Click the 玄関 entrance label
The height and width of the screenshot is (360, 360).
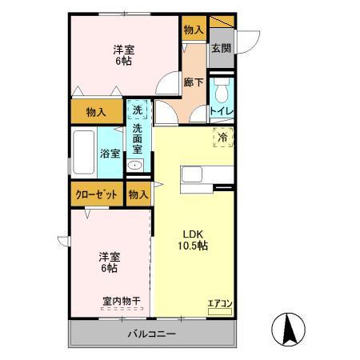(x=221, y=47)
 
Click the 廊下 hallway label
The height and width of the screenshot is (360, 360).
(x=193, y=82)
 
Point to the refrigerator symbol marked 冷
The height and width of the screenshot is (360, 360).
(x=222, y=138)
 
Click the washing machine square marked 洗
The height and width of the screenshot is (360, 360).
(x=138, y=110)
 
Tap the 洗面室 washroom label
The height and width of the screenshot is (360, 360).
(x=138, y=138)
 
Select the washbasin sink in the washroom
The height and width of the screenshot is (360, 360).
(x=136, y=166)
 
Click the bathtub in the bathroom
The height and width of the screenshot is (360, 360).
(x=84, y=152)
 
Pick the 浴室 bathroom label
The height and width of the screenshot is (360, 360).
(x=109, y=154)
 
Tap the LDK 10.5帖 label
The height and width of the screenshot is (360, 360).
(x=193, y=239)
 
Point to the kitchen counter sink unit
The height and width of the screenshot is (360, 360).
(x=206, y=174)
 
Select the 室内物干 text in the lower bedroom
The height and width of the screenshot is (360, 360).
(x=121, y=301)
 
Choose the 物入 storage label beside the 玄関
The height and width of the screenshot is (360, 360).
(x=193, y=29)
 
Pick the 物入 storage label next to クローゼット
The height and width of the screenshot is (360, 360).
(x=138, y=194)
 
